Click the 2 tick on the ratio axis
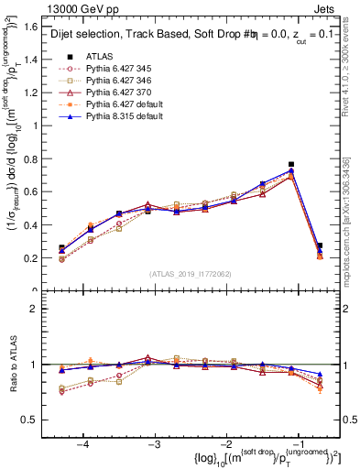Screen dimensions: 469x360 41,309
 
